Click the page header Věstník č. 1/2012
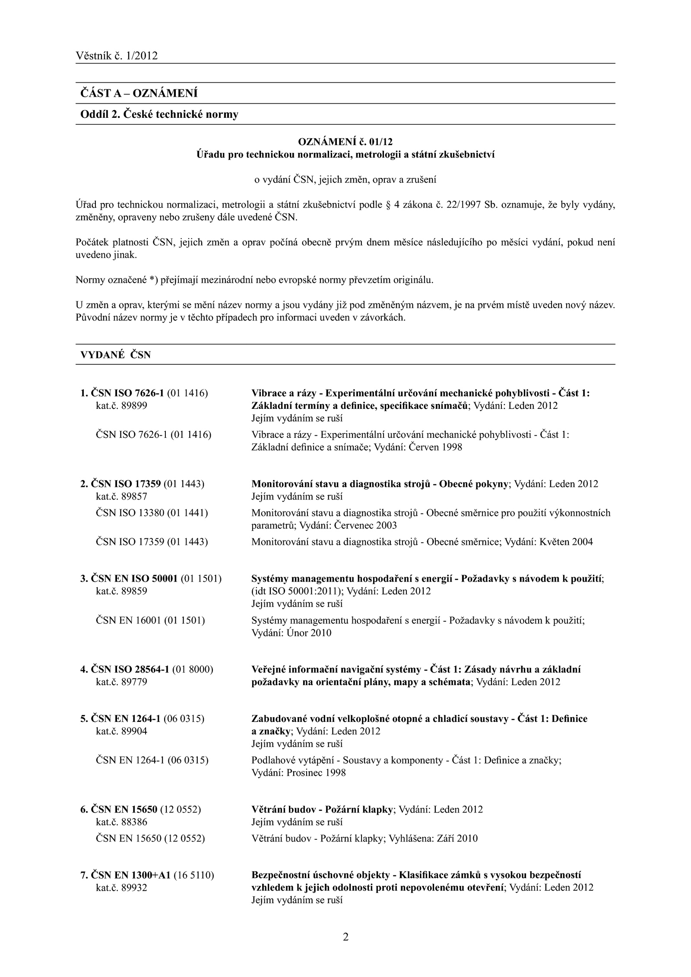[117, 56]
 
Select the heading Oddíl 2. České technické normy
[159, 114]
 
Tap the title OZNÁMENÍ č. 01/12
[345, 142]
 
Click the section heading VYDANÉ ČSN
[115, 355]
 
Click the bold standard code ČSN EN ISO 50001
[134, 579]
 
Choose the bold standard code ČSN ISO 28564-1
[130, 670]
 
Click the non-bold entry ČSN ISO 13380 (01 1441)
[152, 513]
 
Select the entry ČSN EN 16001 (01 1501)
[150, 620]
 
